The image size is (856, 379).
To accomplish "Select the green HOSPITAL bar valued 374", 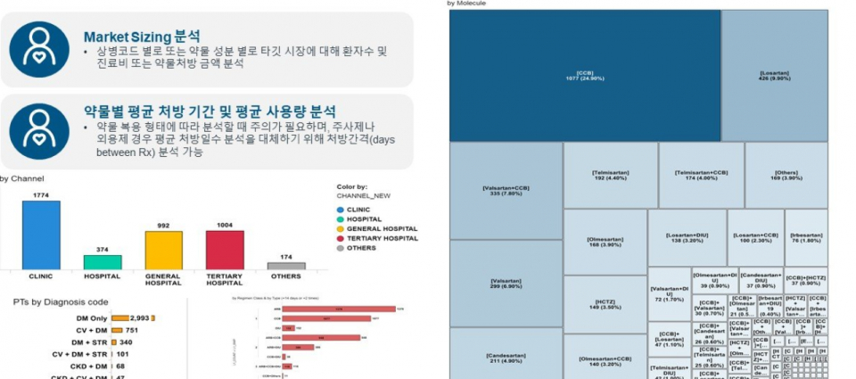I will click(x=103, y=262).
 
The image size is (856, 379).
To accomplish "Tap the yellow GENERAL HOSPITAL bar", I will click(x=163, y=250).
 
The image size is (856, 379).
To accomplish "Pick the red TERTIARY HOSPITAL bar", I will click(x=225, y=250).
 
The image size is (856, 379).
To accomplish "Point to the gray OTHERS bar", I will click(x=286, y=266).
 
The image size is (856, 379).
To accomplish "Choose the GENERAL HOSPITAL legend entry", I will click(x=374, y=229).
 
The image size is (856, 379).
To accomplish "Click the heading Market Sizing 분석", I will click(x=141, y=37).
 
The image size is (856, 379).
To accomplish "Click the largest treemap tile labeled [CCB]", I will click(x=585, y=76).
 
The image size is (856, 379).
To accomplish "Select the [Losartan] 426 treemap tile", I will click(x=773, y=76).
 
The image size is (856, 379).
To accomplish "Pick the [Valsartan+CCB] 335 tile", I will click(x=506, y=191).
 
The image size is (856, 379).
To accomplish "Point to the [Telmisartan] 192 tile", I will click(x=611, y=175).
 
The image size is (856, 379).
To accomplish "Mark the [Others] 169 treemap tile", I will click(x=786, y=175).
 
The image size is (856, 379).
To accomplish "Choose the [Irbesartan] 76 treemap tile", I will click(x=805, y=238).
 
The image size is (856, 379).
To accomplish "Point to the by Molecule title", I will click(x=465, y=4).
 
